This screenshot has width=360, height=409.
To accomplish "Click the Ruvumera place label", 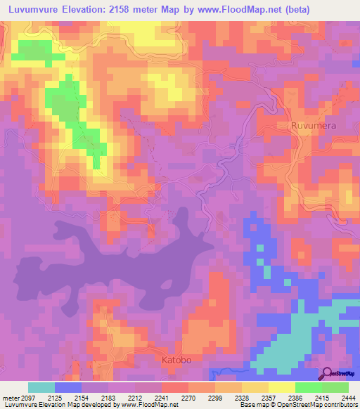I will tap(314, 126).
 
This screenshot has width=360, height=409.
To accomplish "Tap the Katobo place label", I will tap(177, 360).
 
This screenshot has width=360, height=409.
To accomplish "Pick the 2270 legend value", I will tap(188, 398).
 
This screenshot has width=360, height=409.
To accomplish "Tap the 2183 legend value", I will tap(108, 398).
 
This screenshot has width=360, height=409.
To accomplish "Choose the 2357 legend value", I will tap(269, 398).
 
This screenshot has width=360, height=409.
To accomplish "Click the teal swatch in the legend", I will tap(41, 387).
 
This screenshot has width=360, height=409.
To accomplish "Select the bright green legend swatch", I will tap(308, 387).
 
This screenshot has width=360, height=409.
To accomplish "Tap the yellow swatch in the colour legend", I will tap(281, 387).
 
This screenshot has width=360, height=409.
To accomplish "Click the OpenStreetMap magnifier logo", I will tap(328, 372).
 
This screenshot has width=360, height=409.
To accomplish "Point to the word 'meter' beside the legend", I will tap(10, 398).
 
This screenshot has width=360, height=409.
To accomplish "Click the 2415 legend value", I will tap(322, 398).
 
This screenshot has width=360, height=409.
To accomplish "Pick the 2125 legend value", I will tap(55, 398).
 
